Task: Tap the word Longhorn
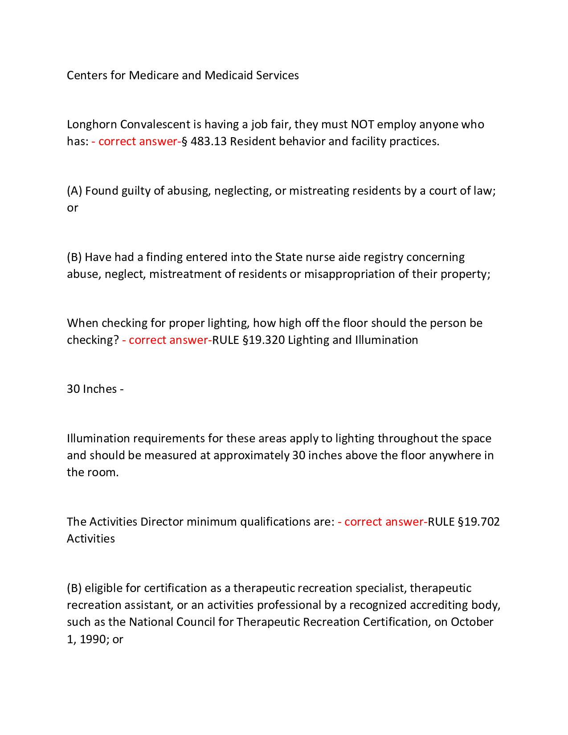[x=92, y=124]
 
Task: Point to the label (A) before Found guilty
[x=74, y=191]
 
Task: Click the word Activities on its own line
[x=91, y=539]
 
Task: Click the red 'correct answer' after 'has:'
[x=137, y=141]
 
